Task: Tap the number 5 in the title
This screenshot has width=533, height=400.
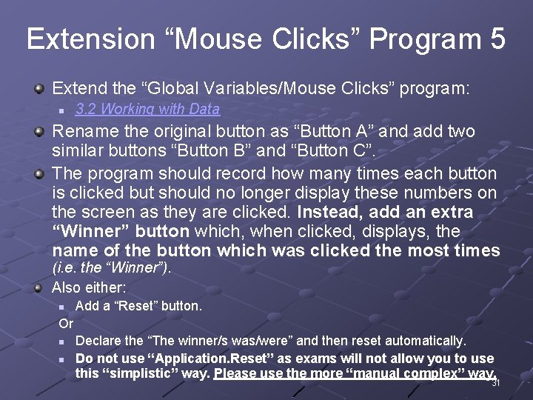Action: pos(497,39)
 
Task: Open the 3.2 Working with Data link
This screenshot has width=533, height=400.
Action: pos(147,109)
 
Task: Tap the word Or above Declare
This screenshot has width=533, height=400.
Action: pos(66,323)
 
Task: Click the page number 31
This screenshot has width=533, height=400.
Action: pos(496,383)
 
